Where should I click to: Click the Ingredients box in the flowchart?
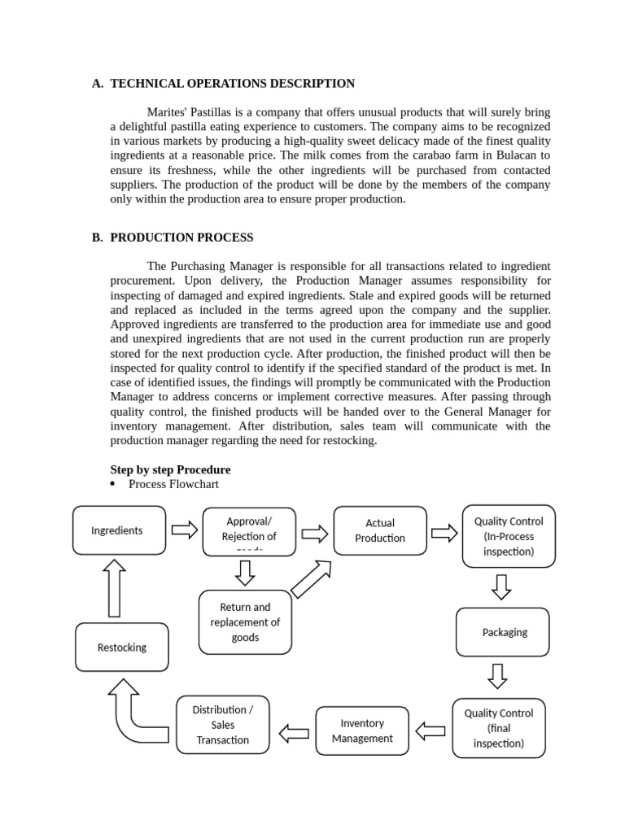[x=119, y=531]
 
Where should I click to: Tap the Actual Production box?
[x=379, y=530]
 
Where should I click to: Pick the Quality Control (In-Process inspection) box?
[x=509, y=535]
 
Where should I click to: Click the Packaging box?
[x=504, y=632]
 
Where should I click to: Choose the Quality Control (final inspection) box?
[x=498, y=728]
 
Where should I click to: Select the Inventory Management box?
[x=362, y=731]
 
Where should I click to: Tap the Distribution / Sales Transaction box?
[x=222, y=725]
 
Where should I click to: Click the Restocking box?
[x=122, y=648]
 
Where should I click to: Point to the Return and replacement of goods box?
[x=245, y=622]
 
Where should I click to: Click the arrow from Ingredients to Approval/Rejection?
[x=185, y=531]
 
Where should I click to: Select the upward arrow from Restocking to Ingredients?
[x=115, y=587]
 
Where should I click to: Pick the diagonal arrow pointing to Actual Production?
[x=311, y=579]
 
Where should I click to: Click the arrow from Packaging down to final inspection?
[x=497, y=676]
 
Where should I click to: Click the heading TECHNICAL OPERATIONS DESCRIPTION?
[x=232, y=83]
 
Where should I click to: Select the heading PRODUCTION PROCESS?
[x=181, y=238]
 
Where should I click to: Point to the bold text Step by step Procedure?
[x=170, y=469]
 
